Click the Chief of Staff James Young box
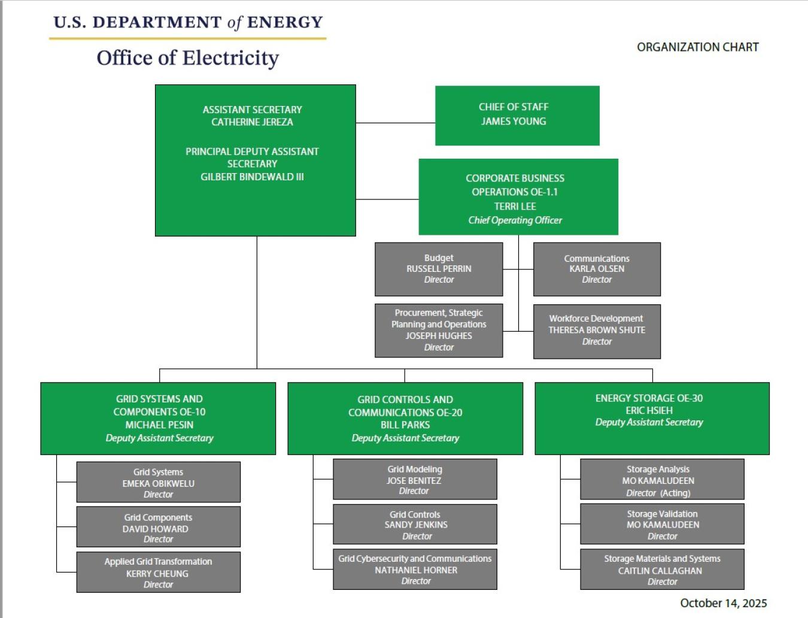click(x=517, y=115)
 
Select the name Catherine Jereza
click(x=252, y=122)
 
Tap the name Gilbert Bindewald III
click(x=252, y=177)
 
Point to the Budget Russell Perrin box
click(x=439, y=269)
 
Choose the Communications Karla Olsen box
click(x=597, y=269)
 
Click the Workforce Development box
click(x=597, y=331)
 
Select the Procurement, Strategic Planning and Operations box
click(x=439, y=330)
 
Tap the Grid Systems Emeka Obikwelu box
click(x=159, y=482)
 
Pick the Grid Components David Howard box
click(x=159, y=527)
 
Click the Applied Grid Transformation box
click(x=159, y=572)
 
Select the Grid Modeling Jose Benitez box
click(x=415, y=479)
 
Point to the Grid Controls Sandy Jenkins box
click(x=415, y=524)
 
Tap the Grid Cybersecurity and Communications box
click(x=415, y=569)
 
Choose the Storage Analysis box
click(x=662, y=479)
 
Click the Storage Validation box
click(x=662, y=524)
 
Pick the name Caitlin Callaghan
click(x=660, y=571)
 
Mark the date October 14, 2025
click(x=723, y=603)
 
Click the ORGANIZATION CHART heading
click(x=697, y=47)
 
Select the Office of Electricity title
click(x=187, y=58)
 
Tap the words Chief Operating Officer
click(x=515, y=220)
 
